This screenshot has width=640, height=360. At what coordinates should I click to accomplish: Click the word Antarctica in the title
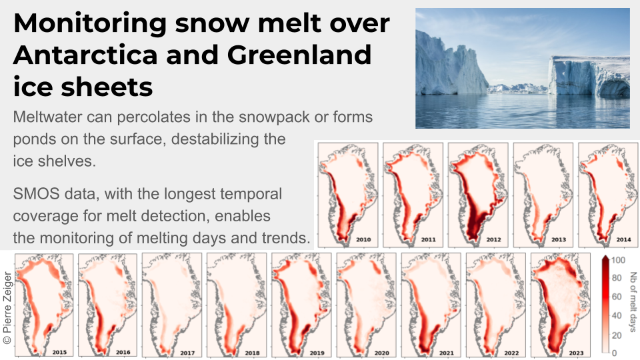point(85,55)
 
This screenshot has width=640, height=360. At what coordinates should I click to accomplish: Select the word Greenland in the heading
point(299,55)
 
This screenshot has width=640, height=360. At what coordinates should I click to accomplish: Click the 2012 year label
point(493,239)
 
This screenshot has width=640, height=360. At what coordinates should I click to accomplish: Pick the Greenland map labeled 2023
point(561,305)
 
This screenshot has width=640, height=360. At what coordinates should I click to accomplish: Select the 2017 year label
point(187,353)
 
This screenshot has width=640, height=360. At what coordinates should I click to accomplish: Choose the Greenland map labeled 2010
point(348,195)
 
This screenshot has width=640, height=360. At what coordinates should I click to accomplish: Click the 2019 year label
point(317,353)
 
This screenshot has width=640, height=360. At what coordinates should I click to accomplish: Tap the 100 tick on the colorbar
point(619,260)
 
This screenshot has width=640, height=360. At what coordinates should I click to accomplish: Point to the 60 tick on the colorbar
point(616,297)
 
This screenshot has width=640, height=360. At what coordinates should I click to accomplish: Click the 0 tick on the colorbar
point(614,353)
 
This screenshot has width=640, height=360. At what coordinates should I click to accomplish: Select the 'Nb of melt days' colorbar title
point(633,302)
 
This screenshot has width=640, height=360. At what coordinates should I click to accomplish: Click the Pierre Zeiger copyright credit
point(7,308)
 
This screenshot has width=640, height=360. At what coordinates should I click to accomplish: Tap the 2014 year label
point(624,239)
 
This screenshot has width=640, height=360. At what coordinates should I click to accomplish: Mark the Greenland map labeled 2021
point(431,305)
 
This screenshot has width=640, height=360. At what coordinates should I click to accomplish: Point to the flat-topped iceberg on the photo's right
point(589,76)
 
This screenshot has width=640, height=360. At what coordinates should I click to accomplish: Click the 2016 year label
point(123,352)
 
